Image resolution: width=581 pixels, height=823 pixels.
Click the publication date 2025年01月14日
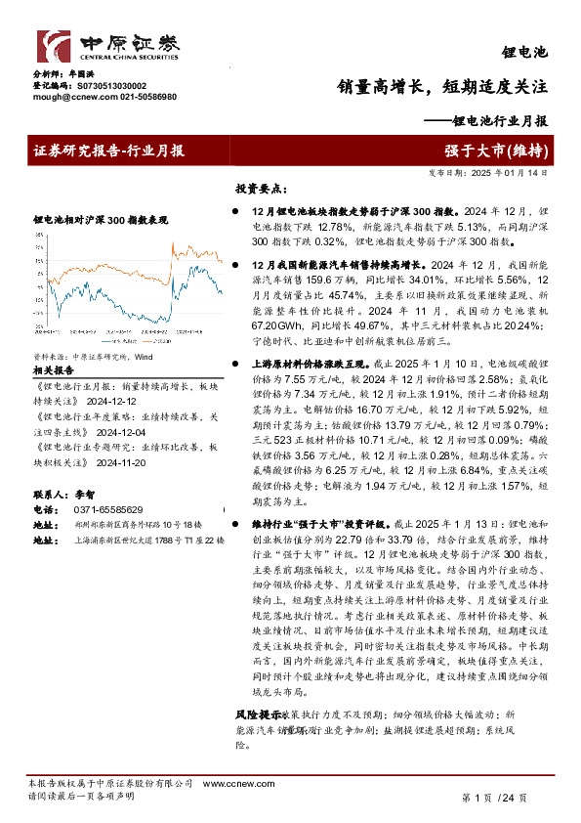512,172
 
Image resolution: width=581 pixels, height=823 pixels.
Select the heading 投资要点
260,188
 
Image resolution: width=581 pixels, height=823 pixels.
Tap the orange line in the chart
195,252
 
